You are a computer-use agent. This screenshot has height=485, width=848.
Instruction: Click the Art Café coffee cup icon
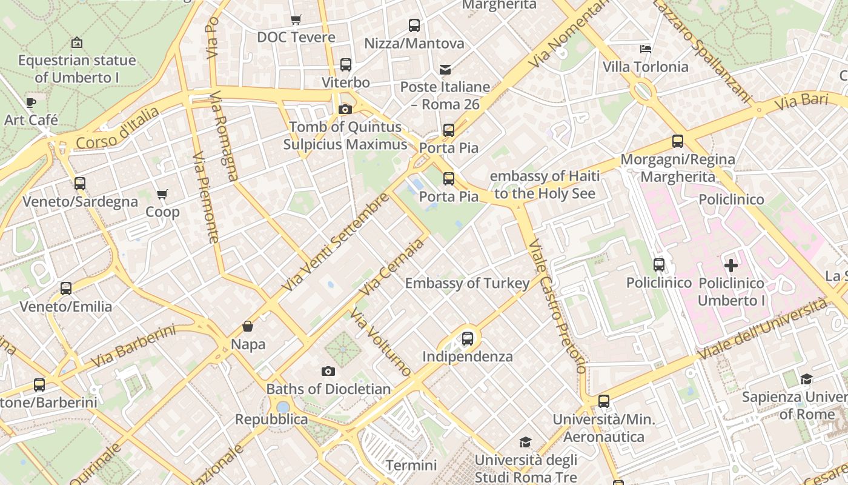[31, 102]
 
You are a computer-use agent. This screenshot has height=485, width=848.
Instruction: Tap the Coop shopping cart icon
[162, 195]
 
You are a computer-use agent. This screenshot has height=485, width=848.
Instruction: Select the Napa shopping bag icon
[248, 327]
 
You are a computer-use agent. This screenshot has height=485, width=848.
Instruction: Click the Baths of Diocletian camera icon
[328, 371]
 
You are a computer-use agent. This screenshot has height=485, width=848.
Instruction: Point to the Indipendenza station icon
[468, 339]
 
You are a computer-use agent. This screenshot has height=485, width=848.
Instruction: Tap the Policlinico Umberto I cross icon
[731, 265]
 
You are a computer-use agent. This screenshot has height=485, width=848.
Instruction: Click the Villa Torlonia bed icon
[646, 48]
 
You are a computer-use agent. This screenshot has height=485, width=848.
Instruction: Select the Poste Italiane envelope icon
[445, 69]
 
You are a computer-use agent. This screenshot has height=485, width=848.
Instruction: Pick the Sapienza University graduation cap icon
[806, 380]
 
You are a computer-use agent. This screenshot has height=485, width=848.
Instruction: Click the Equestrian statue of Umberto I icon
[77, 42]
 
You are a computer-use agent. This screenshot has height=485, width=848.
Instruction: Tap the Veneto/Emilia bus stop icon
[66, 289]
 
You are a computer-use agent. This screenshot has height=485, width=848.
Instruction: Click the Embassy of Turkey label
[467, 283]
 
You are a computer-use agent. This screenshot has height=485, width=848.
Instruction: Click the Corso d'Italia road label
[118, 128]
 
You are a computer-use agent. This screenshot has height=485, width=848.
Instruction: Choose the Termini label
[411, 466]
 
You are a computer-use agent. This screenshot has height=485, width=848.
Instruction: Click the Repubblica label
[271, 419]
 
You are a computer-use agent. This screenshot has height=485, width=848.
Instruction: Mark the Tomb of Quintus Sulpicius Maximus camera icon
[345, 109]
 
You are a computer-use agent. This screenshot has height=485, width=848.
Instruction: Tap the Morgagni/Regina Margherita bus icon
[678, 141]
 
